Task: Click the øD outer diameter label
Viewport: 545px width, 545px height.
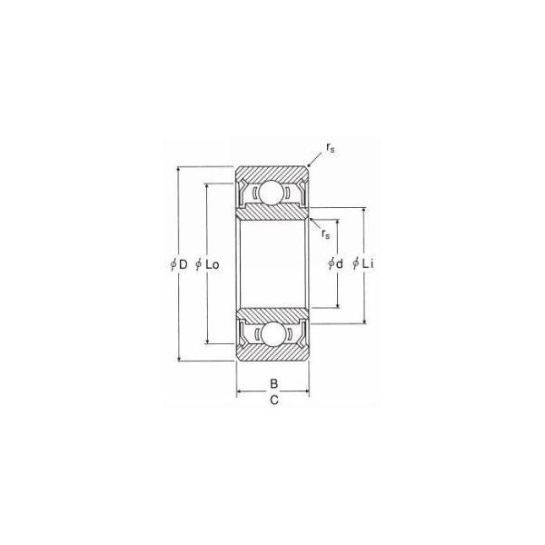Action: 179,264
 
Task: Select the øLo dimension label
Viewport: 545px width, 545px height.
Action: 207,264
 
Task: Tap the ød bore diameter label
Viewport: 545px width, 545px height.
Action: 335,263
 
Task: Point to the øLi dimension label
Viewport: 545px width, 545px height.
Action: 362,263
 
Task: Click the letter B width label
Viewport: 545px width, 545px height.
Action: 274,383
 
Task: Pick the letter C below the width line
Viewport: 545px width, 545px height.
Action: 274,400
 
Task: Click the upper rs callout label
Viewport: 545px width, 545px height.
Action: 331,148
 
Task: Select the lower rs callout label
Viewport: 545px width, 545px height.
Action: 326,234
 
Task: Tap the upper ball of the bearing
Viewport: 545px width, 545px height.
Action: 272,193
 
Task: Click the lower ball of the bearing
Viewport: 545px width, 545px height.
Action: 272,334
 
